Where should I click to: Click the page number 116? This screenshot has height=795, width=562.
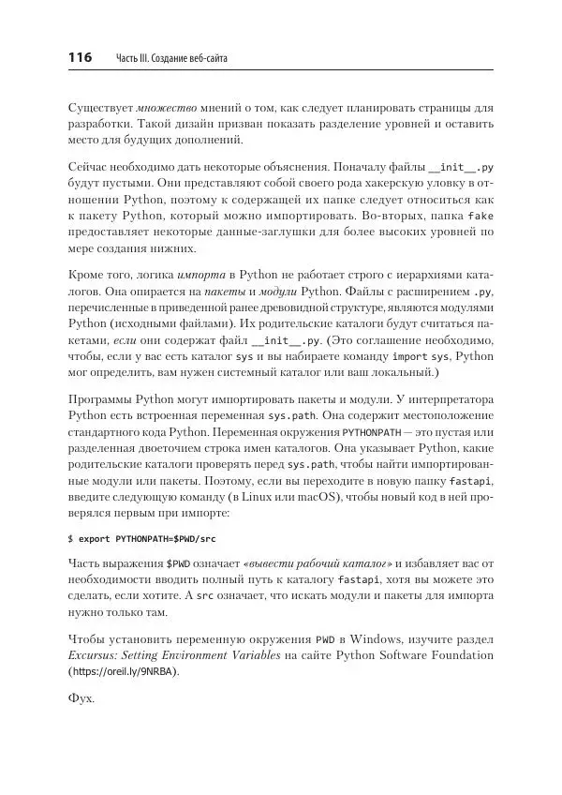tap(81, 58)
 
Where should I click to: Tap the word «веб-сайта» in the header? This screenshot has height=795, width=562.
tap(206, 59)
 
